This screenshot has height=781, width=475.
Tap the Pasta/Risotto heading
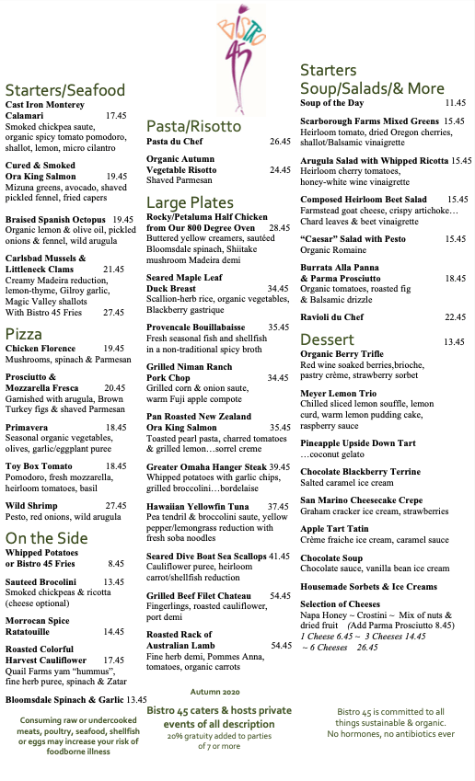(194, 126)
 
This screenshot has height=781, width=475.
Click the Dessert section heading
(327, 339)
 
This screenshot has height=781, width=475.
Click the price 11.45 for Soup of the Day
(457, 104)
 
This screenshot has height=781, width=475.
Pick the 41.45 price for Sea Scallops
(279, 557)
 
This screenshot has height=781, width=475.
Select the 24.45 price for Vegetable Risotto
(280, 170)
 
